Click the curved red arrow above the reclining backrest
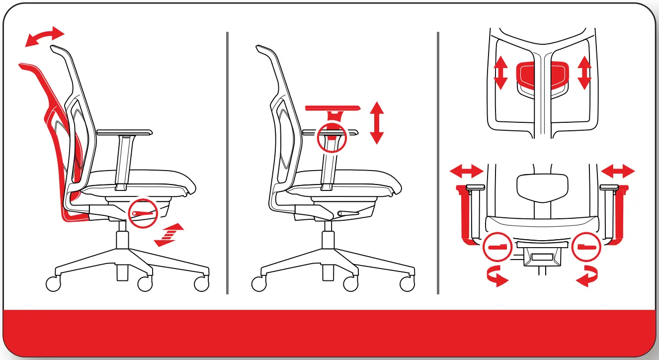[x=45, y=38]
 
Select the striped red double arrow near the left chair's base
[x=168, y=235]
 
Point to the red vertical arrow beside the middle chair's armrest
[x=377, y=122]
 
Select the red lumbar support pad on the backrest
[x=542, y=74]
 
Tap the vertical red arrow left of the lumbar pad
[x=500, y=73]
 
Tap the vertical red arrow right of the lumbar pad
[x=584, y=73]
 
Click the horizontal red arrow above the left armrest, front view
[x=466, y=172]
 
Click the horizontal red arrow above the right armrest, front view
[x=618, y=172]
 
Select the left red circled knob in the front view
[x=496, y=247]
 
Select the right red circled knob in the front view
[x=586, y=247]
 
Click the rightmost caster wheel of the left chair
[x=202, y=284]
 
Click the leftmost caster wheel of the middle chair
[x=258, y=284]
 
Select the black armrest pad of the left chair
[x=125, y=132]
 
